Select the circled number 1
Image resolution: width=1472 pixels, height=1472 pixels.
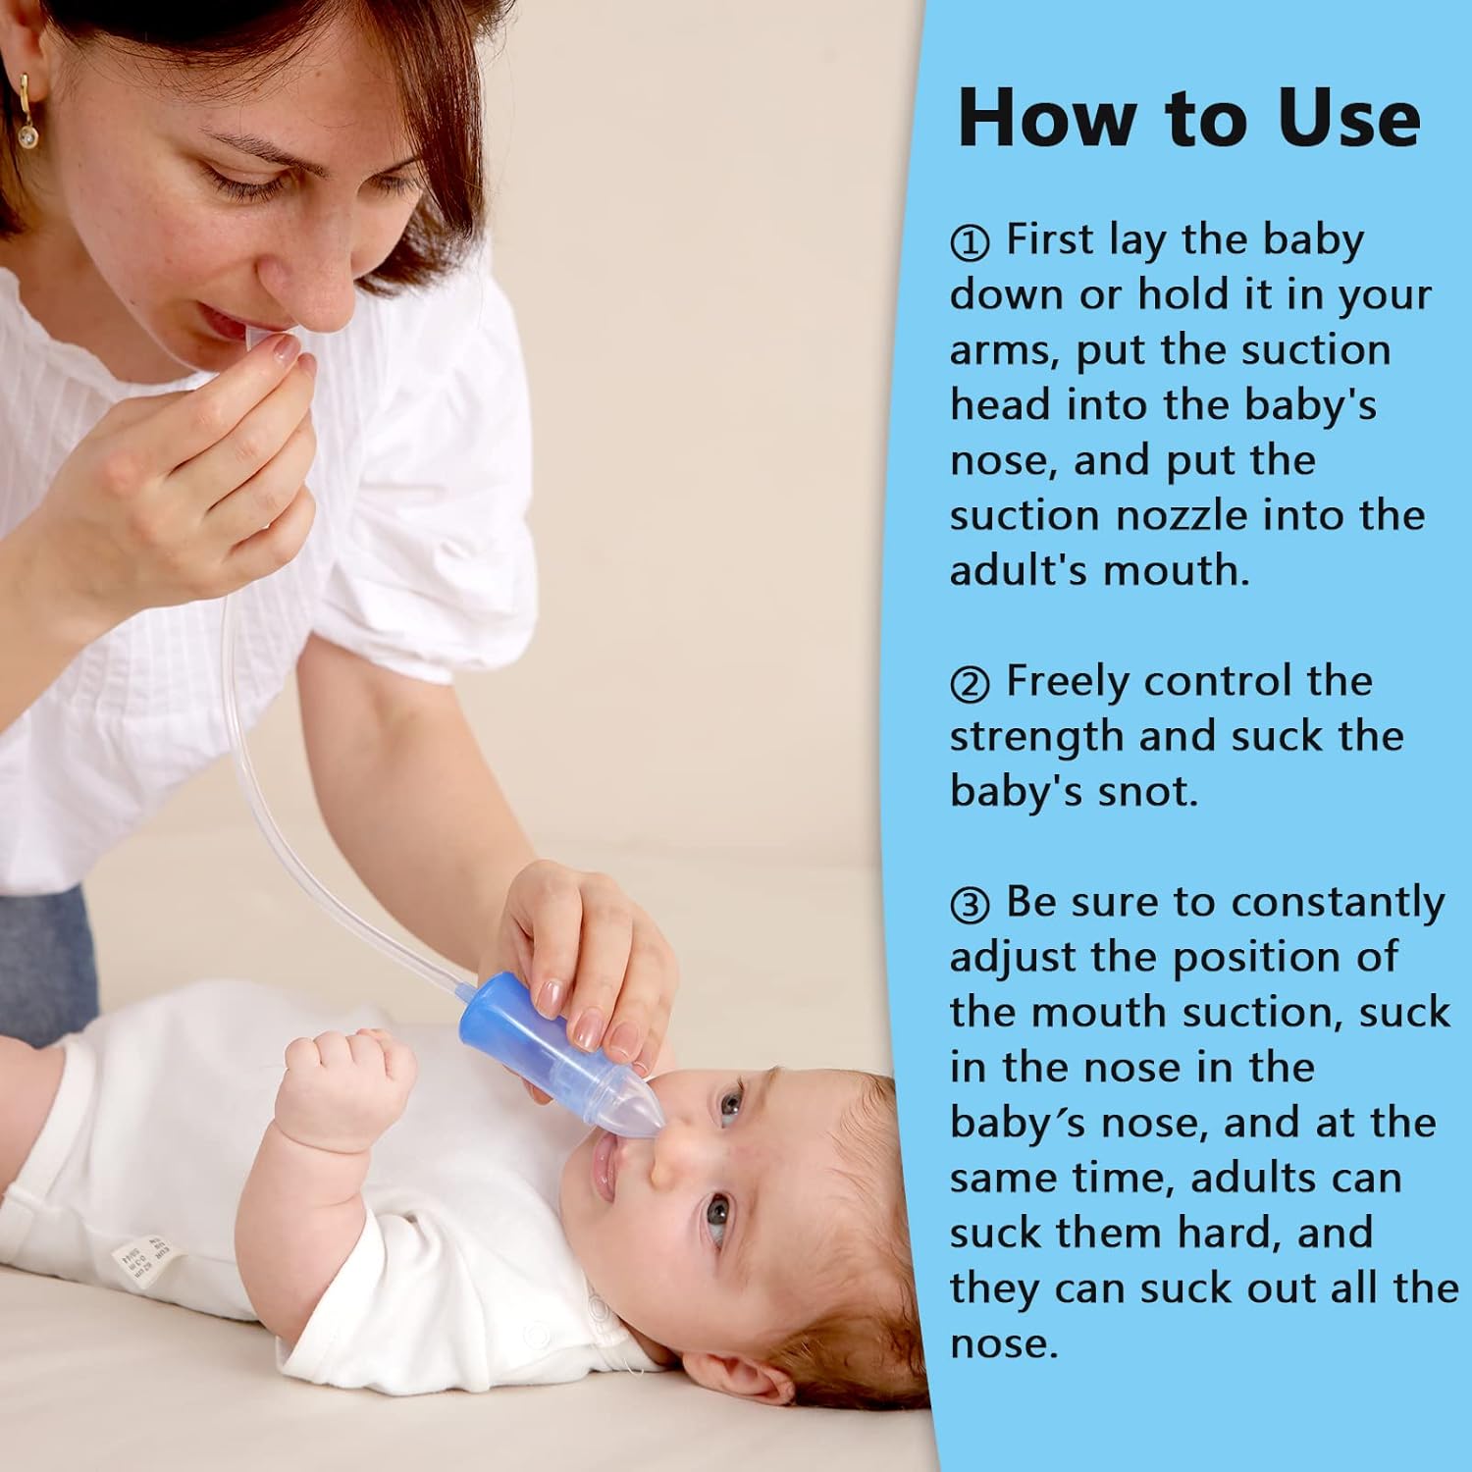pos(970,243)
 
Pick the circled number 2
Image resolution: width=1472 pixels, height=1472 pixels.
pos(970,685)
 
